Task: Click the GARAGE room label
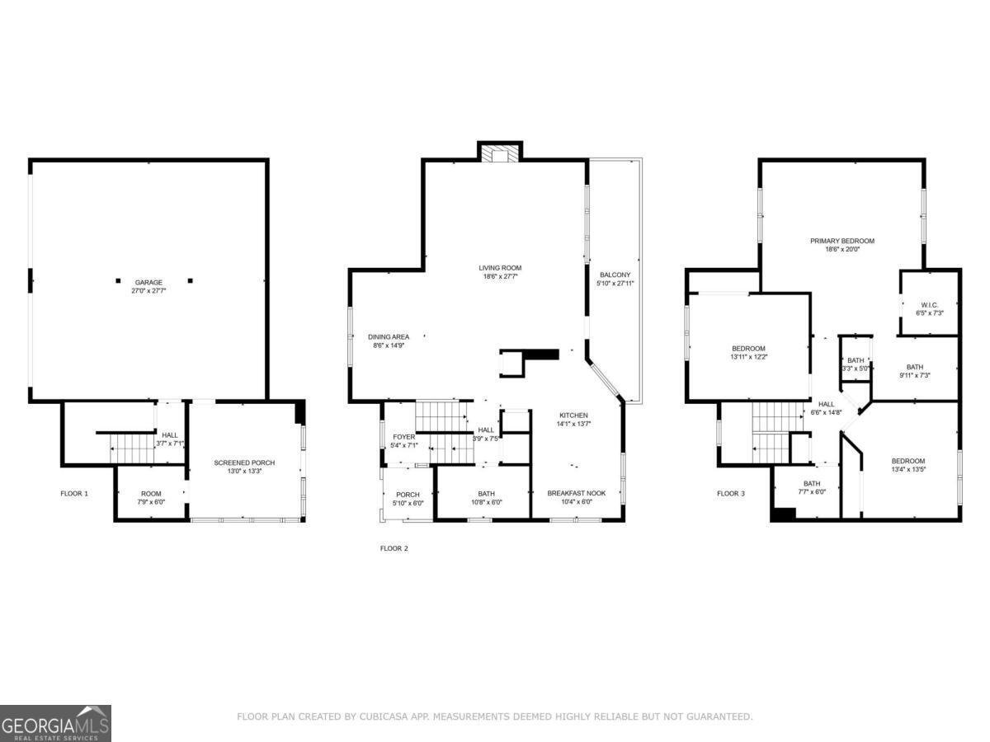148,283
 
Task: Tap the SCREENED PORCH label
244,463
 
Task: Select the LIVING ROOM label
500,268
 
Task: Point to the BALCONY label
615,275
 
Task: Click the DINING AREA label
389,337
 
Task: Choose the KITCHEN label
573,416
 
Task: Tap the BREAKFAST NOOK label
577,493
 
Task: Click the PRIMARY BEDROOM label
842,241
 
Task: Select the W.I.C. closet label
929,305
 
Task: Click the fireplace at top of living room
500,153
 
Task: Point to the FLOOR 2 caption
394,548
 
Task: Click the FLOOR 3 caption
731,493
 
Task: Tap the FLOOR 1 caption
74,493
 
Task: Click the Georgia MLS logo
55,723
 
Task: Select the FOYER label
403,437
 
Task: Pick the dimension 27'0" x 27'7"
148,291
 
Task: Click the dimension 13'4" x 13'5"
908,469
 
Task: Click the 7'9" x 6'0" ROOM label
151,498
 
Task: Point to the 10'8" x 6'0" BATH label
486,498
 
